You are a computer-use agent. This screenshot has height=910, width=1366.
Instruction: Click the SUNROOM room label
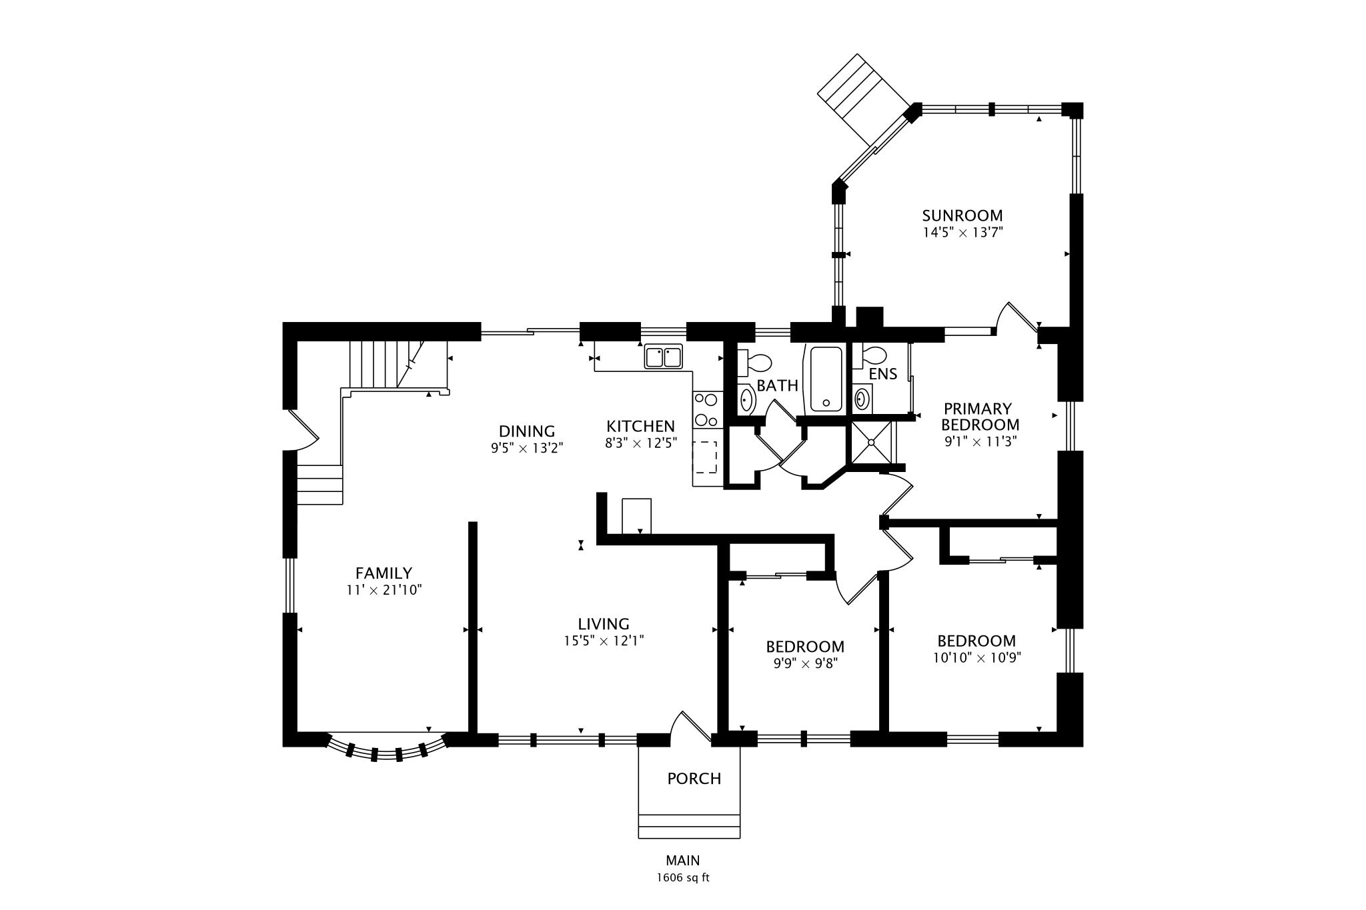(x=962, y=215)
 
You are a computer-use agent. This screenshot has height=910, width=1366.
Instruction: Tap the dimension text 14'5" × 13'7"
(x=962, y=233)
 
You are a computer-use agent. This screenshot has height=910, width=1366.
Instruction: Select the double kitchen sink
(x=663, y=357)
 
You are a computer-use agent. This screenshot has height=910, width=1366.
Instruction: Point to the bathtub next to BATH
(x=826, y=378)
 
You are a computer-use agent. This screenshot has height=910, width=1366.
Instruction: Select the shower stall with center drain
(x=870, y=441)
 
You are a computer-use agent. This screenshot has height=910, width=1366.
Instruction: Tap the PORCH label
(x=694, y=779)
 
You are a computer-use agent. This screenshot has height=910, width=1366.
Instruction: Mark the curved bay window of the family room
(x=387, y=750)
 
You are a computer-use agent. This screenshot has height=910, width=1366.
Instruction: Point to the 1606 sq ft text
(x=682, y=877)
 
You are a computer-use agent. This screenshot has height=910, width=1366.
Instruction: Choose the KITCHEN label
(x=640, y=426)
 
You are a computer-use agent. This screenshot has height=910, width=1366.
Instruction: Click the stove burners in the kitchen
(x=706, y=410)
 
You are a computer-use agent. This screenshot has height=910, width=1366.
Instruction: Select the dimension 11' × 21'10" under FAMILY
(x=384, y=590)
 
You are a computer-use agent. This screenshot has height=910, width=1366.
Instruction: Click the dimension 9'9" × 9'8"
(x=804, y=663)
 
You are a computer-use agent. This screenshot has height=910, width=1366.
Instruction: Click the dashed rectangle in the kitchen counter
(x=705, y=457)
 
